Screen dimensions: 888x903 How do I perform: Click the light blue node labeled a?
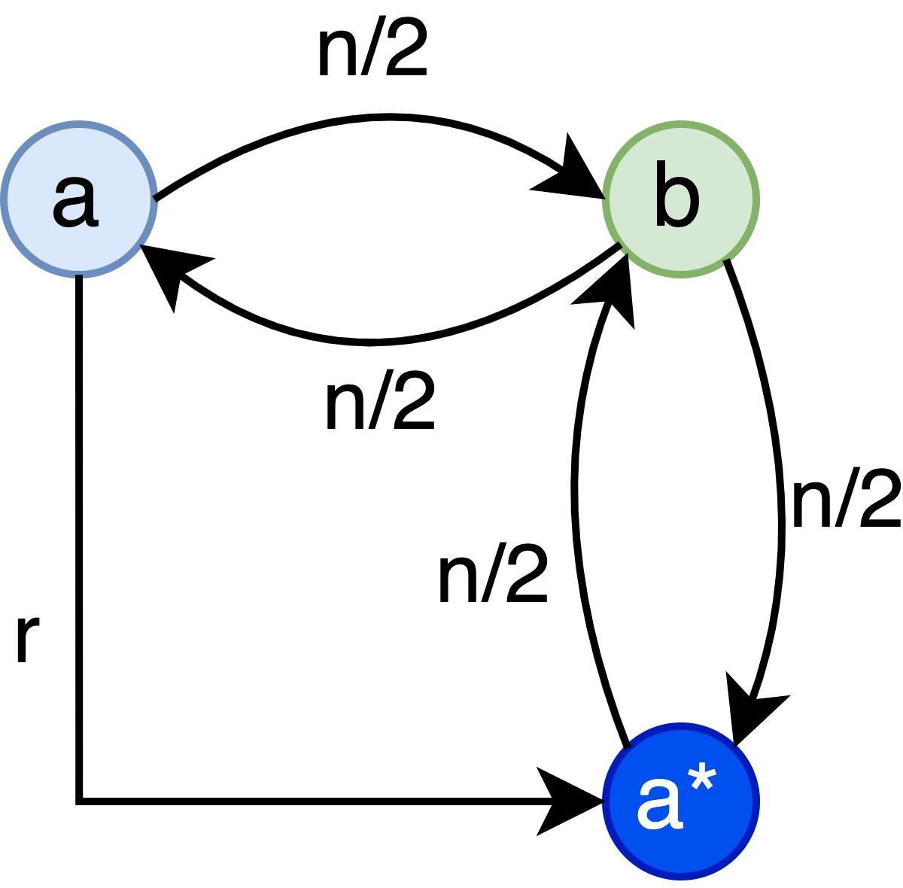[x=78, y=199]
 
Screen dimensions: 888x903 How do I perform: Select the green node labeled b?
[x=680, y=199]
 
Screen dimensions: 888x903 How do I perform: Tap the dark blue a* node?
[x=680, y=801]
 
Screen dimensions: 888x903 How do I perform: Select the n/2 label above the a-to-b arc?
[x=372, y=50]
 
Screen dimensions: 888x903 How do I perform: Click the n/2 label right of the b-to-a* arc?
[x=846, y=500]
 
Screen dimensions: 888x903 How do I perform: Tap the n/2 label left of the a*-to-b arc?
[x=493, y=576]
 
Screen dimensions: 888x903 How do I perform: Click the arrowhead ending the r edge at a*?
[x=568, y=801]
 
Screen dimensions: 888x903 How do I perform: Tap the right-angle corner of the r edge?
[x=79, y=801]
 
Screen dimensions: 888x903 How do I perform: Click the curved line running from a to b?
[x=376, y=117]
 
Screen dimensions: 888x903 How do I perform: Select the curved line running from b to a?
[x=376, y=343]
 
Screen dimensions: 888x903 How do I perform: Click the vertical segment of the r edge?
[x=79, y=527]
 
